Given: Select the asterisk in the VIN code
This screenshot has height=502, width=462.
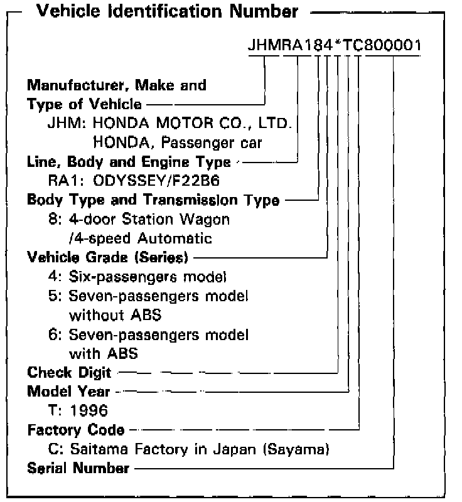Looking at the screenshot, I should pyautogui.click(x=338, y=45).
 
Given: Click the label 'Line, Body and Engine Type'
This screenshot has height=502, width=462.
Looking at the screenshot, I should pyautogui.click(x=129, y=162).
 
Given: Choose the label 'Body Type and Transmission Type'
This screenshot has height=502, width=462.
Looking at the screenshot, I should pyautogui.click(x=153, y=200).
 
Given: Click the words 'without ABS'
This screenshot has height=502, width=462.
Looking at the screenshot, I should pyautogui.click(x=111, y=315).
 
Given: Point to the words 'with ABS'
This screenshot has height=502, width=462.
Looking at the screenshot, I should pyautogui.click(x=103, y=353).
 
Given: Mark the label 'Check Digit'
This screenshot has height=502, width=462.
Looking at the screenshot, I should pyautogui.click(x=69, y=373).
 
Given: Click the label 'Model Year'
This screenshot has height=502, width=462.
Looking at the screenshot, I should pyautogui.click(x=68, y=392).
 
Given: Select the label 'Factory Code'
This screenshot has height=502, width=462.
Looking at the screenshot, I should pyautogui.click(x=75, y=430).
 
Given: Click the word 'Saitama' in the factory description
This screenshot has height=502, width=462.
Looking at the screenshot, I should pyautogui.click(x=94, y=449).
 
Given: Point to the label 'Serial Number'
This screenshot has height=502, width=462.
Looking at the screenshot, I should pyautogui.click(x=78, y=468).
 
